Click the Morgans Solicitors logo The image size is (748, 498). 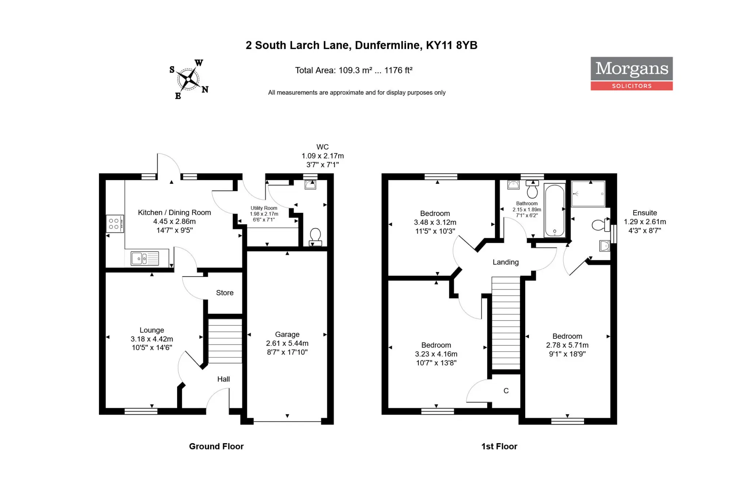click(631, 73)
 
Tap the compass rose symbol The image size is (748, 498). click(188, 79)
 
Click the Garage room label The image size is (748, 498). click(287, 334)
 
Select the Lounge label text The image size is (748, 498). click(152, 330)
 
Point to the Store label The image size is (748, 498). click(225, 293)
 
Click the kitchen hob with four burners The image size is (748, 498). click(115, 223)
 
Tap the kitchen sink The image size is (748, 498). click(145, 258)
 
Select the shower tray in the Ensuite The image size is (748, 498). click(588, 194)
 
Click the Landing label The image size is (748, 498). click(505, 262)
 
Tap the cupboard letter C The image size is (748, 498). click(506, 391)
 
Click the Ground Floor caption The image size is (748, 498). click(216, 446)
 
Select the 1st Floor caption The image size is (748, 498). click(499, 446)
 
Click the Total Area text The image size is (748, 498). click(354, 70)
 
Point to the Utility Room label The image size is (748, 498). click(264, 208)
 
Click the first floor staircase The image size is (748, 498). click(506, 323)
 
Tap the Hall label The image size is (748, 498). click(224, 379)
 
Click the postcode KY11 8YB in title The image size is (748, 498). click(452, 45)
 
